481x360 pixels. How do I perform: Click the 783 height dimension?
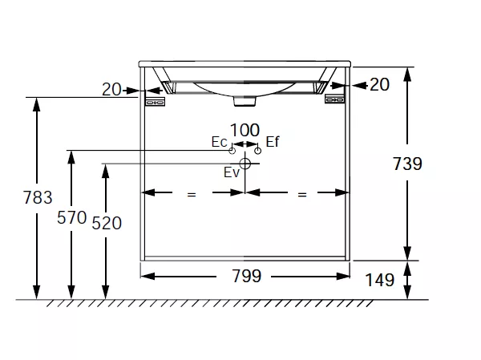(38, 197)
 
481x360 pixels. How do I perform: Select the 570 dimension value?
(72, 217)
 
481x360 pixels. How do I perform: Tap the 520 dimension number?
(107, 223)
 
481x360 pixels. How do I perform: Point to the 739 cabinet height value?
(407, 164)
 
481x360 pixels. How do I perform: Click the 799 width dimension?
(247, 276)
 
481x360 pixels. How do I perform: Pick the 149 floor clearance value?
(379, 280)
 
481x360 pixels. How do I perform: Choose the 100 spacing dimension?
(245, 130)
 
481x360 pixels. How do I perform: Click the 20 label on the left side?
(111, 89)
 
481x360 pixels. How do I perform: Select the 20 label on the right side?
(379, 84)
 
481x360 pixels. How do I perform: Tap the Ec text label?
(219, 142)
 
